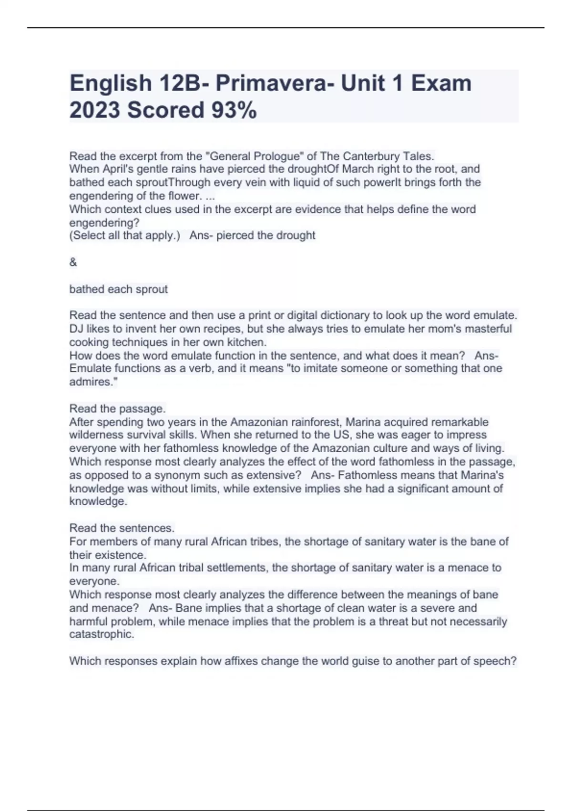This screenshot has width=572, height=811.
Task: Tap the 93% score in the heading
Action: point(234,110)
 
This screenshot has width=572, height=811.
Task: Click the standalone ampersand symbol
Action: point(73,262)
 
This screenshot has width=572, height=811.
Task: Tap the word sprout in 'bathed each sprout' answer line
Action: point(152,289)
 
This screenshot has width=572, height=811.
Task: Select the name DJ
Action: point(76,329)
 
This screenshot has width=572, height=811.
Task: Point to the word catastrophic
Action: point(101,634)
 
